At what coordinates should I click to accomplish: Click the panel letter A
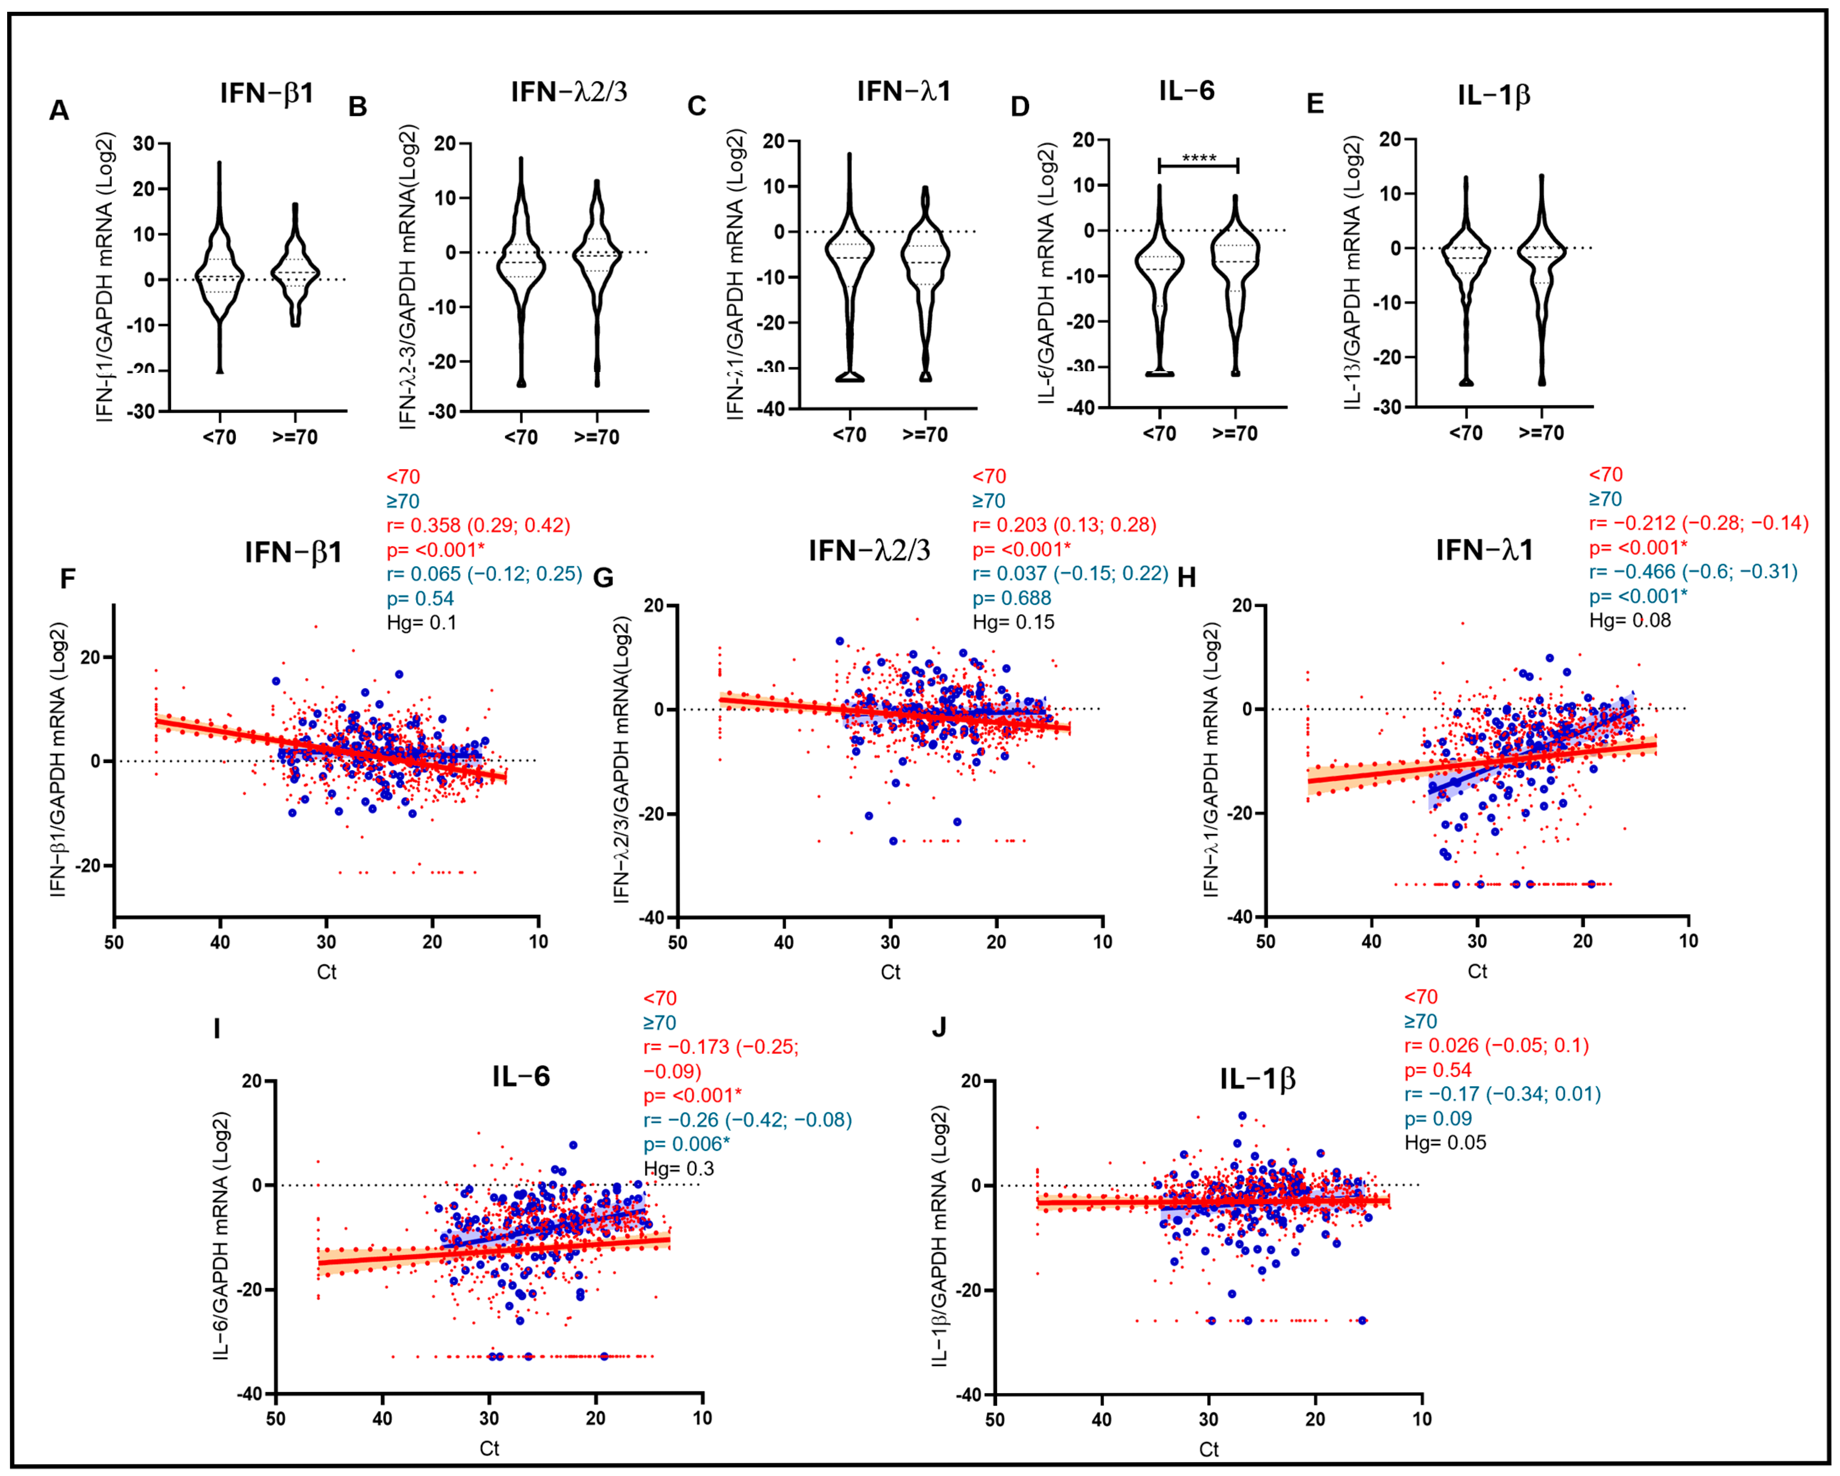[59, 111]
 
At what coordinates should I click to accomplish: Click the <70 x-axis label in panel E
[1465, 434]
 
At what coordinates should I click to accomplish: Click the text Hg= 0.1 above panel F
[422, 622]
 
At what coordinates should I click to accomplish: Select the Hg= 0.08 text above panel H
[1629, 621]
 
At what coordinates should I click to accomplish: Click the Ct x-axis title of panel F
[327, 972]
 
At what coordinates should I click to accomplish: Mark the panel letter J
[939, 1027]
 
